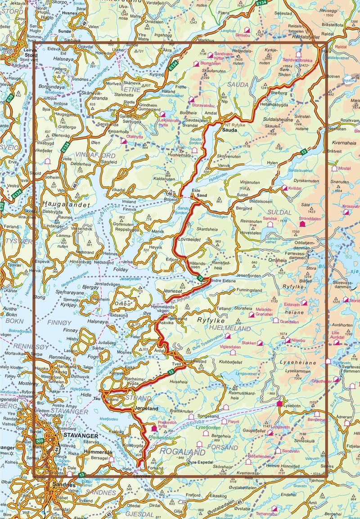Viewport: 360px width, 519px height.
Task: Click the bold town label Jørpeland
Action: (146, 409)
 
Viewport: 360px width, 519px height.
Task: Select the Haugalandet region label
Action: (64, 205)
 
